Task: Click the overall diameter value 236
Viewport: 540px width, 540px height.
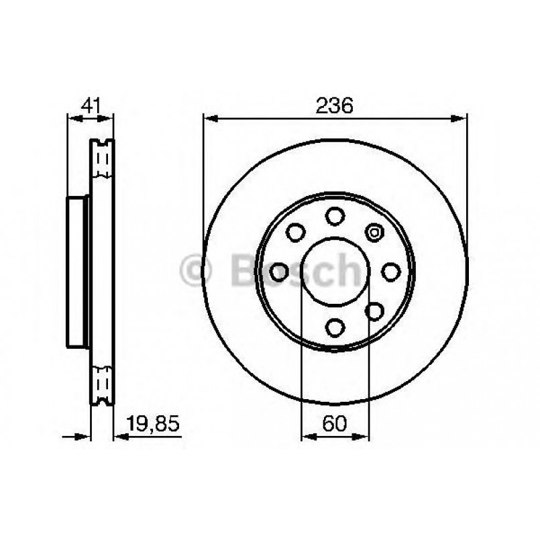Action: tap(334, 105)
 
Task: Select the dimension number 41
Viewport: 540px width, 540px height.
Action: tap(90, 105)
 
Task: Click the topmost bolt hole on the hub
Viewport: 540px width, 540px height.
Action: tap(334, 216)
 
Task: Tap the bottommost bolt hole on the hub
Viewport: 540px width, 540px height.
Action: tap(334, 327)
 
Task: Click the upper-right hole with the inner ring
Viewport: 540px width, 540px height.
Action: tap(374, 233)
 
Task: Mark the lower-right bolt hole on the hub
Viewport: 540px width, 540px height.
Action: tap(374, 310)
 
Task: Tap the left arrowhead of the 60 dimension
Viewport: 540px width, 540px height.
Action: tap(308, 437)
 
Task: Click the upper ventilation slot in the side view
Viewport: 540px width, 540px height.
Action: tap(103, 160)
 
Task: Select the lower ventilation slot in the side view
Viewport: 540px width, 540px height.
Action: tap(103, 384)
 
